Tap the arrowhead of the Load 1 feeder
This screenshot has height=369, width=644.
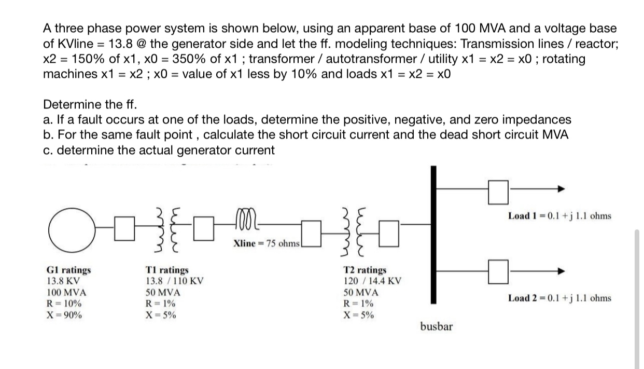point(561,190)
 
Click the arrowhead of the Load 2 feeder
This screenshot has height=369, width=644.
point(561,270)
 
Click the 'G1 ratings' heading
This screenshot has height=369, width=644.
point(68,270)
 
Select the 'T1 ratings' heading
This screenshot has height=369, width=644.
point(166,270)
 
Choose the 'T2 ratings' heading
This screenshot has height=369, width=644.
point(365,270)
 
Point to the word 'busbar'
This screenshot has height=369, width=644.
point(436,326)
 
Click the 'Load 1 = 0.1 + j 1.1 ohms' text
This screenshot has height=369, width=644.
point(559,215)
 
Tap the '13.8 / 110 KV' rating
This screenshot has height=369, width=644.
point(174,281)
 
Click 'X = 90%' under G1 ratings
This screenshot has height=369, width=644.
point(63,315)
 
